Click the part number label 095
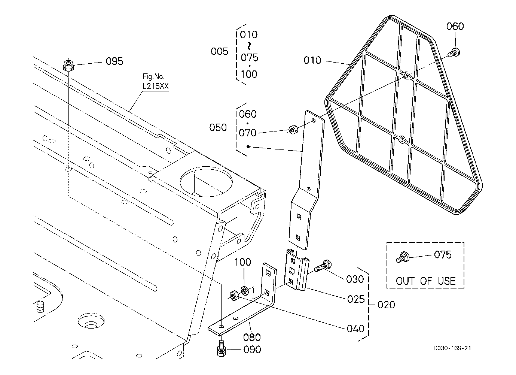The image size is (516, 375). (x=115, y=61)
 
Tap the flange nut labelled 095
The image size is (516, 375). (x=68, y=65)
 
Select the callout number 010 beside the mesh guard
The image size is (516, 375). (x=312, y=60)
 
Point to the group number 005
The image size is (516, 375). (x=219, y=51)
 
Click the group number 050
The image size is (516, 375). (x=218, y=127)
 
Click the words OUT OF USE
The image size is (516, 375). (x=425, y=281)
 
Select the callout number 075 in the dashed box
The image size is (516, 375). (x=443, y=255)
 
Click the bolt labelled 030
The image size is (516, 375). (x=321, y=267)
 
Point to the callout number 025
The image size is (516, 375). (x=355, y=299)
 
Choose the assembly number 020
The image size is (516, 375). (x=386, y=305)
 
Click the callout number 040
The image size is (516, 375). (x=355, y=329)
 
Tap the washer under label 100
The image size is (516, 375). (x=245, y=290)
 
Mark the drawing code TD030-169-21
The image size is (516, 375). (x=450, y=348)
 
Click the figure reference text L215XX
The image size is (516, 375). (x=156, y=86)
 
